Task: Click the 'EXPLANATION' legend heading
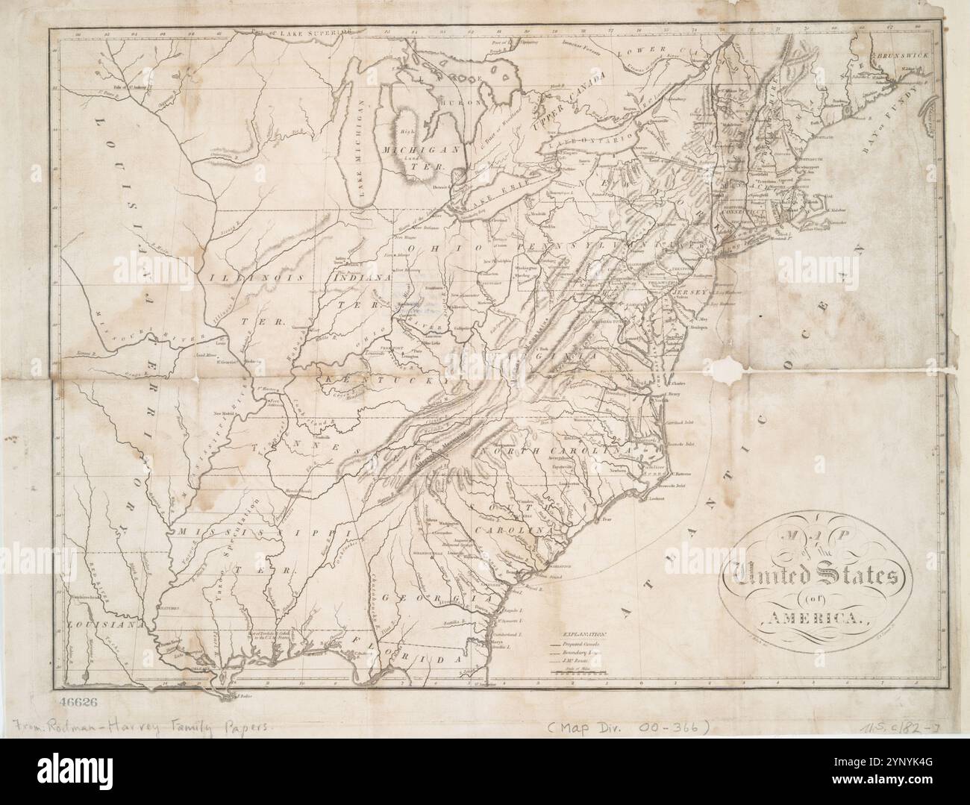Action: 580,632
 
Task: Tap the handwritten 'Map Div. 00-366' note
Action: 631,725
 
